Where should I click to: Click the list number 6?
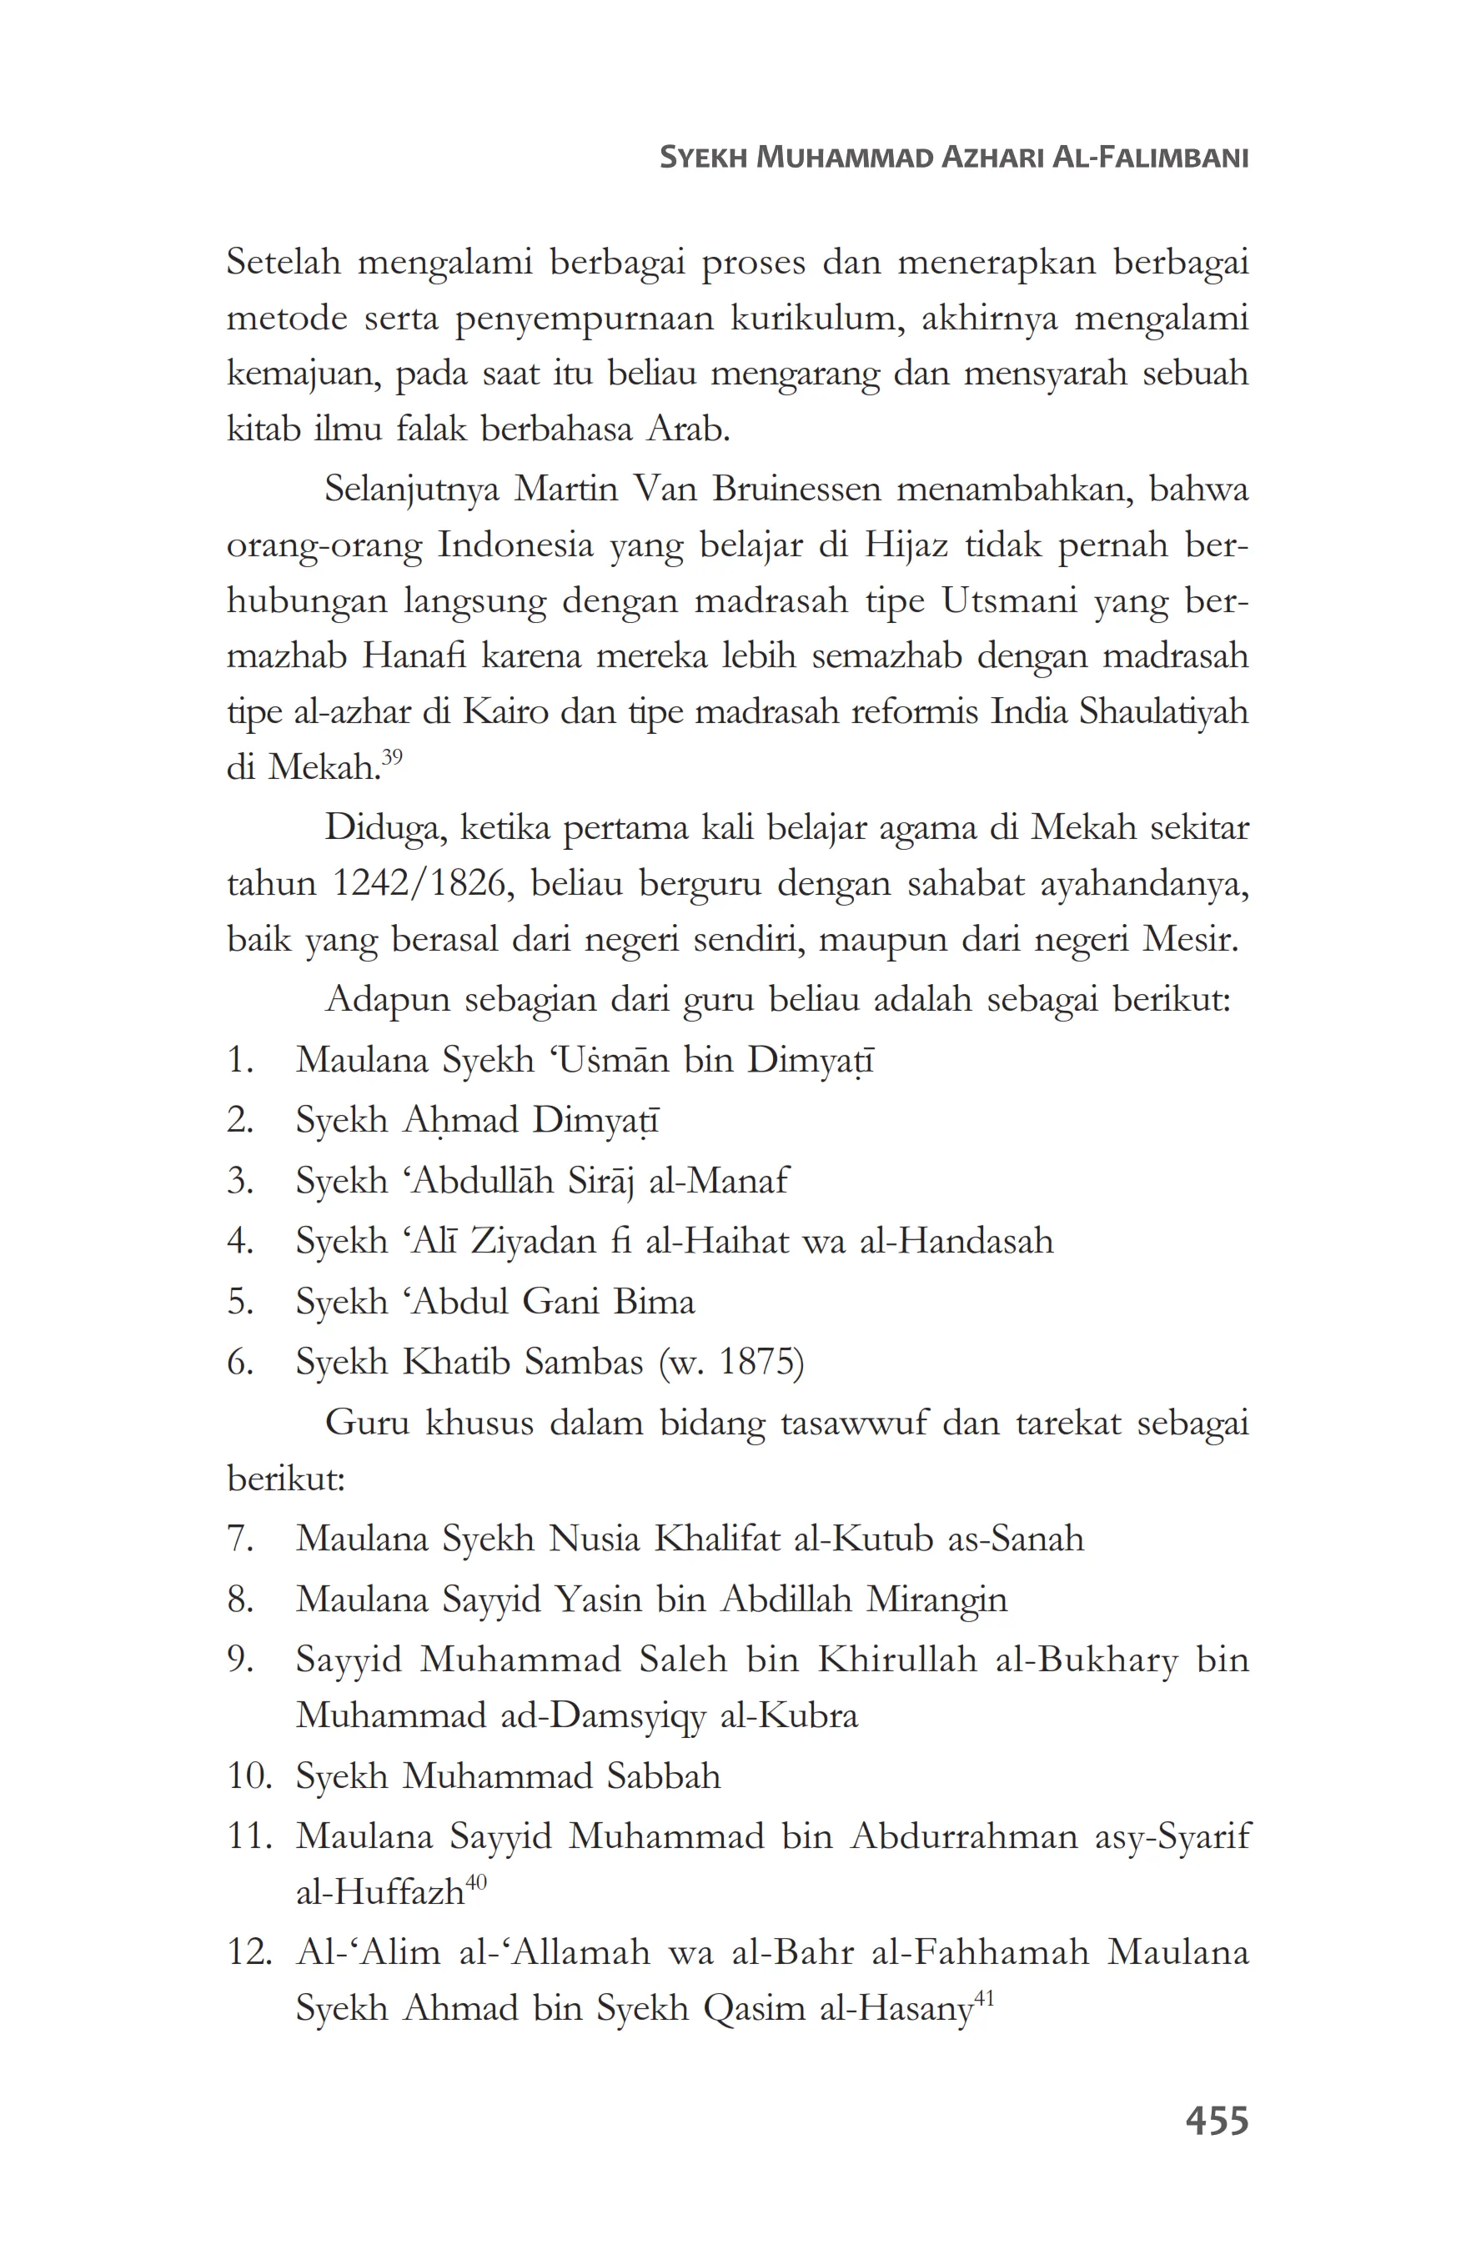[240, 1362]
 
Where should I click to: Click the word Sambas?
[584, 1362]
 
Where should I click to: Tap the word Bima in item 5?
[654, 1301]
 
